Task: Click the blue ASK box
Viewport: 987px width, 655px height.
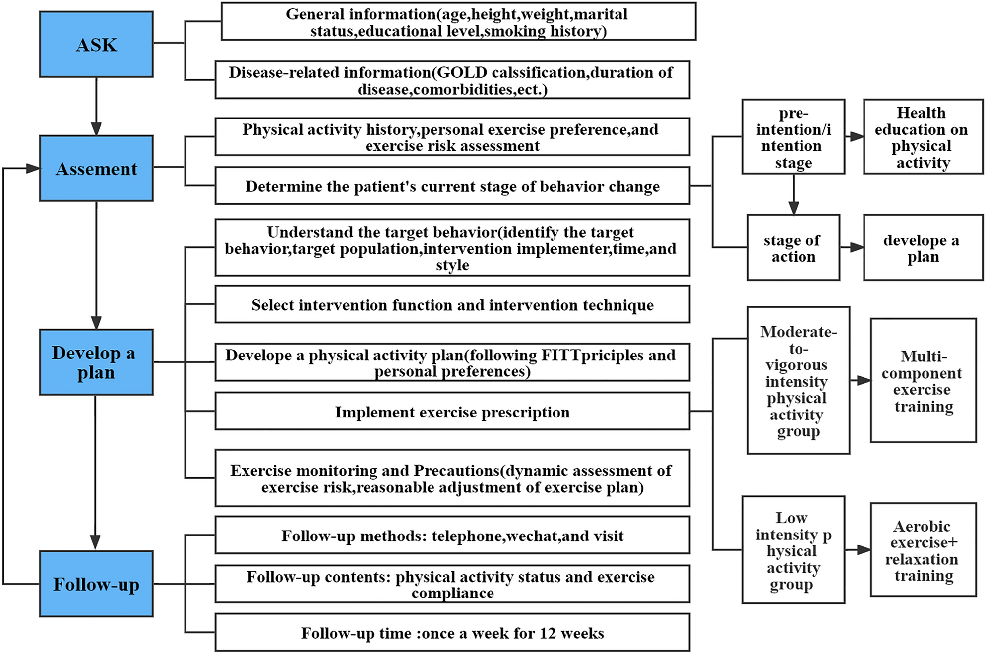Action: click(96, 45)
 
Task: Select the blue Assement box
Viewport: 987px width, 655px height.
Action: click(96, 169)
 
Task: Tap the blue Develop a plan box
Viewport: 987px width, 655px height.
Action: click(96, 362)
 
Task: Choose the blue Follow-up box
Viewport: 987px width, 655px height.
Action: click(96, 584)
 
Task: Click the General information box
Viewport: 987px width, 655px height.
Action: click(458, 22)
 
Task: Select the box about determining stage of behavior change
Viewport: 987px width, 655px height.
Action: click(452, 186)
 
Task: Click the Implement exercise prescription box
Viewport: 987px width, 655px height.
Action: click(452, 412)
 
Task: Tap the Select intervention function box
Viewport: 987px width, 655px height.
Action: click(452, 304)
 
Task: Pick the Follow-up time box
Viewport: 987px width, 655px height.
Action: click(452, 633)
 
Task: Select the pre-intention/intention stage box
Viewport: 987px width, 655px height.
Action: click(793, 137)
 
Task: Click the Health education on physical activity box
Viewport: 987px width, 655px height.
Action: click(923, 137)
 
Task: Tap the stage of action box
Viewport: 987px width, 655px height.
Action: click(793, 248)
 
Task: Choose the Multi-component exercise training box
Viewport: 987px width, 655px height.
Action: click(923, 381)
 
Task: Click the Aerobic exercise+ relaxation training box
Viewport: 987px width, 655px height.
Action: click(923, 550)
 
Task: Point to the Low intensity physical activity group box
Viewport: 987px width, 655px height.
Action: click(793, 550)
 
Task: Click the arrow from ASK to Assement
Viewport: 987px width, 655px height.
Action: click(96, 106)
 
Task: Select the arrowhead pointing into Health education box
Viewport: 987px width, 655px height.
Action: click(857, 137)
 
